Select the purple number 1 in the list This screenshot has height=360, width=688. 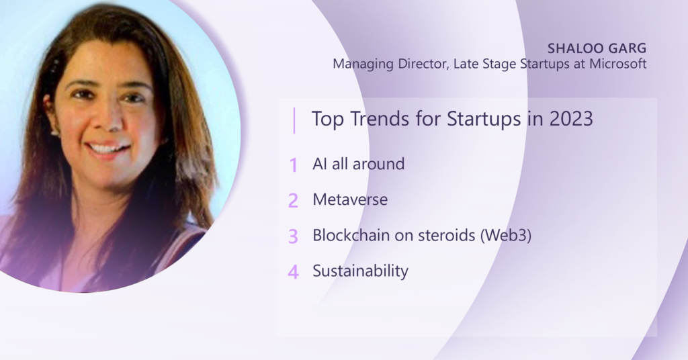click(293, 165)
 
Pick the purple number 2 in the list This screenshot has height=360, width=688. click(293, 200)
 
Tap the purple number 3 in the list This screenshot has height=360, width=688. click(293, 236)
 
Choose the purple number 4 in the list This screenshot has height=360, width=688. click(293, 272)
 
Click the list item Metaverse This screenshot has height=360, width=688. click(350, 199)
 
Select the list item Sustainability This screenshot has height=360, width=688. click(360, 271)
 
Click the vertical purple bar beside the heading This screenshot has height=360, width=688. click(294, 120)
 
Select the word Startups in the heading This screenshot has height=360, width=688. click(479, 120)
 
